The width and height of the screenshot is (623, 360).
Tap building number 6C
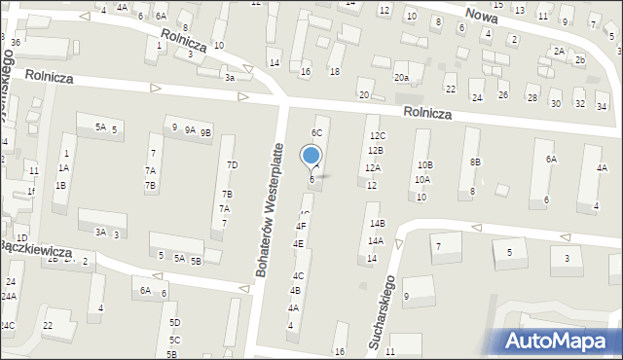click(316, 132)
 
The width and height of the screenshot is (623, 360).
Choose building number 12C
click(377, 135)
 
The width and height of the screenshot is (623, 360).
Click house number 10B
click(425, 164)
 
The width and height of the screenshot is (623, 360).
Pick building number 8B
click(475, 161)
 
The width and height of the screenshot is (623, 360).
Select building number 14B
click(377, 224)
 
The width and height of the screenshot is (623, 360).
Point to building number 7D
click(232, 164)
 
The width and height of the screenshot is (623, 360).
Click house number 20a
click(401, 77)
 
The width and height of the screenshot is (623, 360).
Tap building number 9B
click(205, 131)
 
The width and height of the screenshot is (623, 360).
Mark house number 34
click(601, 105)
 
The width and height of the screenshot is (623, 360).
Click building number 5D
click(174, 322)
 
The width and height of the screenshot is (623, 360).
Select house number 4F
click(300, 226)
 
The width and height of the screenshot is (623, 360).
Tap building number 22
click(47, 325)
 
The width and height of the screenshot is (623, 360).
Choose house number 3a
click(230, 77)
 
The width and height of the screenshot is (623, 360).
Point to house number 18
click(334, 72)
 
